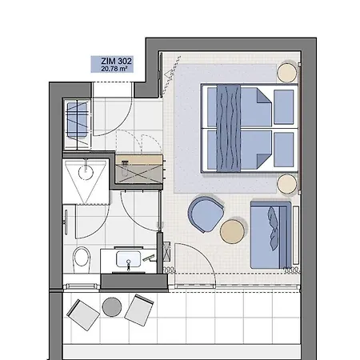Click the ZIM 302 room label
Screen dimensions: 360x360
pos(116,61)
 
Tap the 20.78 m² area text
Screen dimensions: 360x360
pos(114,69)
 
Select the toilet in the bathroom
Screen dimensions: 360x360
pos(82,260)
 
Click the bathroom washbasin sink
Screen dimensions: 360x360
pos(128,259)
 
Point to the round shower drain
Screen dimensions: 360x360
pos(86,171)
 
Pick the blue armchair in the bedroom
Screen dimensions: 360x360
pos(206,214)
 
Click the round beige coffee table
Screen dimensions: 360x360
pos(232,231)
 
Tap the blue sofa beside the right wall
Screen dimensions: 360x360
pos(270,235)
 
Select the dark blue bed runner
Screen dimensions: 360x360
pos(229,128)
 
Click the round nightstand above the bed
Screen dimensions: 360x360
pos(287,72)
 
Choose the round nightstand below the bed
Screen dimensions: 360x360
pos(287,184)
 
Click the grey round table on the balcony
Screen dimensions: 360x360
pos(112,307)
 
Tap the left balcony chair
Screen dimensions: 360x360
pos(83,315)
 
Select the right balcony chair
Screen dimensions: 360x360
pos(139,310)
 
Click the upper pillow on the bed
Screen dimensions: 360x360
pos(283,107)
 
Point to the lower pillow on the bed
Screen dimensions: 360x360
pos(283,150)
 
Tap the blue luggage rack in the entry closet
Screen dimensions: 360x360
pos(77,120)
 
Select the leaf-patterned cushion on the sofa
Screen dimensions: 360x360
pos(273,229)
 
